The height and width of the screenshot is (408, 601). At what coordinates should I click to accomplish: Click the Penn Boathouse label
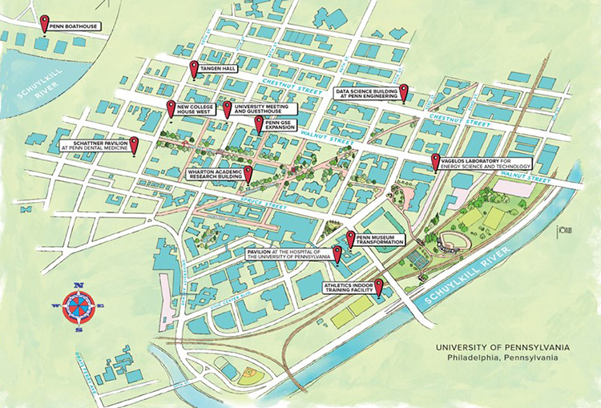[74, 27]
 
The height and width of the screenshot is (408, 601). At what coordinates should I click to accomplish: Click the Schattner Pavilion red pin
[135, 143]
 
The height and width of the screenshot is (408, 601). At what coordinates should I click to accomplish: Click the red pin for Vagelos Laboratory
[436, 160]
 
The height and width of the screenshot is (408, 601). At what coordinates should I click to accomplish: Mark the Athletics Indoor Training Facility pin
[378, 285]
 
